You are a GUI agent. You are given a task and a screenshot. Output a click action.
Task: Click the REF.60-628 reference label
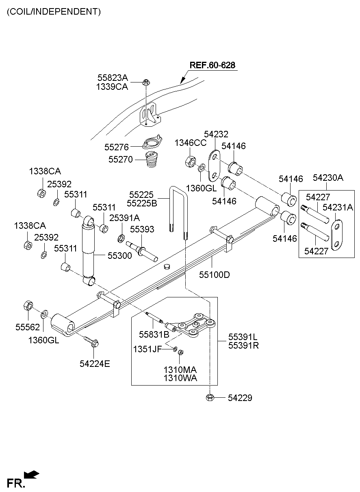point(212,65)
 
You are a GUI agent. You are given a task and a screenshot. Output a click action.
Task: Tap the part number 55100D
point(214,275)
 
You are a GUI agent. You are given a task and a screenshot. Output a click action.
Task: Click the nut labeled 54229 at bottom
point(210,398)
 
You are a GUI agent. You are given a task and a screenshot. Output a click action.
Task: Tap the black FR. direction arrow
point(31,474)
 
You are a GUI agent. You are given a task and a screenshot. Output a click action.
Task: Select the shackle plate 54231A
point(337,235)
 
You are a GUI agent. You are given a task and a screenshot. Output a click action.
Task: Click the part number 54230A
point(328,177)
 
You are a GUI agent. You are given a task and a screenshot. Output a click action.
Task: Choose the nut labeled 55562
point(28,306)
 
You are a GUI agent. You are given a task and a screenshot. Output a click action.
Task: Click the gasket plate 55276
point(152,143)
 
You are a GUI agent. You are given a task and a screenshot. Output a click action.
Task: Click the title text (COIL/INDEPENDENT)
point(53,11)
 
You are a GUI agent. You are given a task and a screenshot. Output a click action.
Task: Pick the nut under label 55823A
point(146,82)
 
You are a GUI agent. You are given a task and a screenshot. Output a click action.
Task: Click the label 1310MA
point(180,370)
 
